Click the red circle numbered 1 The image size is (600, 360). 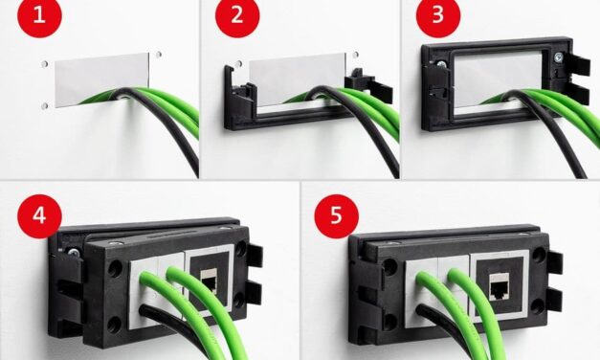(x=39, y=16)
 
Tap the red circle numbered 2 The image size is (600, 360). (x=237, y=16)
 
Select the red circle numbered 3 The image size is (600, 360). (x=438, y=16)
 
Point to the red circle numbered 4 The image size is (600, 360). (x=39, y=216)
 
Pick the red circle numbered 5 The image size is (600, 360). (x=336, y=216)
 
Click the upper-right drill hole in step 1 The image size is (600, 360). (x=159, y=55)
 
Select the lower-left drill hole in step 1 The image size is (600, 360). (x=45, y=105)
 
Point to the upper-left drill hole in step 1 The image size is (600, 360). (x=45, y=63)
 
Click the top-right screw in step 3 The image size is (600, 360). (x=559, y=57)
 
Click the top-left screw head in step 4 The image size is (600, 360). (x=73, y=252)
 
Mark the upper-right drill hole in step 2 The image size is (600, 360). (x=355, y=55)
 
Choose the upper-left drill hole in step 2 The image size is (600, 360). (x=239, y=63)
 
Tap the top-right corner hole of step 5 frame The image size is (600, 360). (x=540, y=253)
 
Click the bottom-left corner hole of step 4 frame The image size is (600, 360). (x=114, y=325)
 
